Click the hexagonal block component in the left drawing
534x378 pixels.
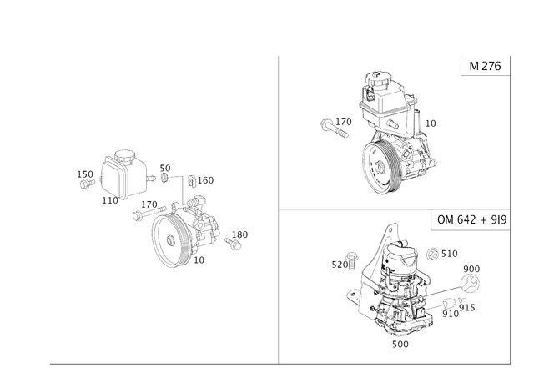pyautogui.click(x=119, y=173)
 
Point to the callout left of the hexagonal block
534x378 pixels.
pyautogui.click(x=84, y=176)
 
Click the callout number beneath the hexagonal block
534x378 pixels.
pyautogui.click(x=108, y=201)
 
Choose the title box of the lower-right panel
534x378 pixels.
pyautogui.click(x=471, y=221)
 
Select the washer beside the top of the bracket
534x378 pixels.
pyautogui.click(x=433, y=251)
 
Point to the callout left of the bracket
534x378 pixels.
pyautogui.click(x=343, y=265)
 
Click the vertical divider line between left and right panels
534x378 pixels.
pyautogui.click(x=278, y=209)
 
